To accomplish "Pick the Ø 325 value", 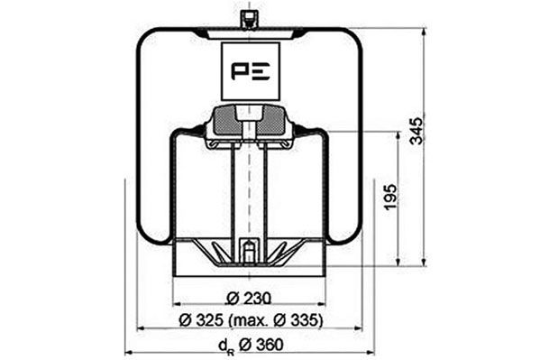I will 200,321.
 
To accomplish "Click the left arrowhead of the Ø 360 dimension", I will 127,352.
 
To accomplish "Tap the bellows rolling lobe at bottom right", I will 343,233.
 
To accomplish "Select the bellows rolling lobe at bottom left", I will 155,233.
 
